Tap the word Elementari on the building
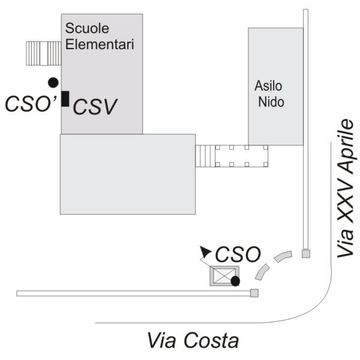(x=99, y=43)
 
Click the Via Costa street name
(x=193, y=341)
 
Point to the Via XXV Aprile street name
(x=346, y=188)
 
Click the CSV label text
(x=94, y=106)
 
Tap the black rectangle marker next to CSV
(x=65, y=98)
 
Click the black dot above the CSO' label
(x=53, y=82)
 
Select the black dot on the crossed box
(x=235, y=280)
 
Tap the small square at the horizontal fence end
(x=254, y=293)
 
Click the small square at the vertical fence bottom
(x=305, y=254)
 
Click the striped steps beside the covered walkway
(x=205, y=156)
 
